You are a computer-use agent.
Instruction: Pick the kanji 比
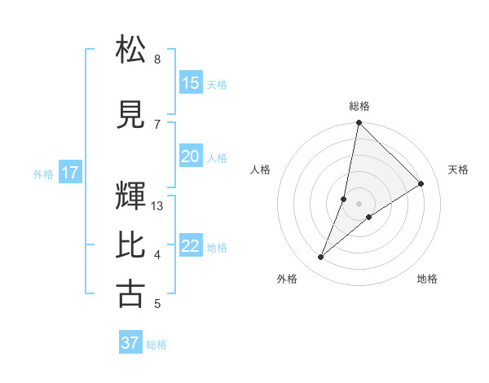tap(130, 244)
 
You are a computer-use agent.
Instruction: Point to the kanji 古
tap(130, 293)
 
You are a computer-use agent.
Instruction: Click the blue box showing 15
tap(191, 83)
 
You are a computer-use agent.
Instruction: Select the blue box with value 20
tap(191, 156)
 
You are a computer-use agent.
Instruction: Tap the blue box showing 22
tap(191, 247)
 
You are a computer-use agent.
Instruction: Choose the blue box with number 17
tap(69, 173)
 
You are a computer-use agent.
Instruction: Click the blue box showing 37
tap(130, 343)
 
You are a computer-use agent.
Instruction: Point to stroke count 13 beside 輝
tap(157, 206)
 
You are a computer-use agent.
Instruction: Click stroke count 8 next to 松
tap(157, 59)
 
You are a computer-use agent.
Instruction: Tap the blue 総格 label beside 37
tap(156, 345)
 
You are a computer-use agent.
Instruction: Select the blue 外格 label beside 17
tap(42, 174)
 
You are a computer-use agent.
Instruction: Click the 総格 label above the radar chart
tap(359, 106)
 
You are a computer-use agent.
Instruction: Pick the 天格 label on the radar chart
tap(458, 169)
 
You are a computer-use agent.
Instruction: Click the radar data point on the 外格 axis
tap(321, 258)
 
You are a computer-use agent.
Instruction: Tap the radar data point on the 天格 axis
tap(421, 184)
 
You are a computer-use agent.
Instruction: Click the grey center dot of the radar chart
tap(359, 204)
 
